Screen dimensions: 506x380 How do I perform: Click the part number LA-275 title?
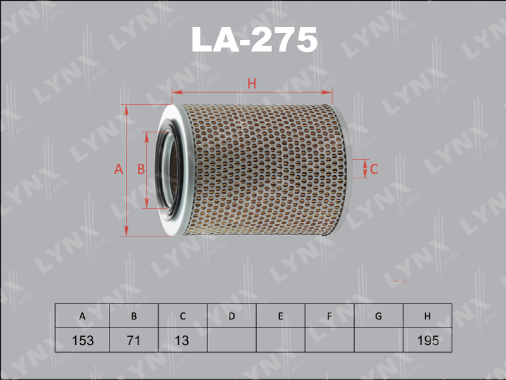254,40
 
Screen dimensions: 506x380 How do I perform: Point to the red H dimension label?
252,84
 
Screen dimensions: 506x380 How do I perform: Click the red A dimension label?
118,169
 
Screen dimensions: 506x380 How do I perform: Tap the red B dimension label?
140,169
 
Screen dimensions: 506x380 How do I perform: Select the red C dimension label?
374,169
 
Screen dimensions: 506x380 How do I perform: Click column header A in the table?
82,316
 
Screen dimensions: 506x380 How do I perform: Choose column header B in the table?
134,316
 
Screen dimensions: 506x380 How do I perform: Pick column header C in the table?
183,316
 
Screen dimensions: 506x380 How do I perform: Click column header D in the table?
231,316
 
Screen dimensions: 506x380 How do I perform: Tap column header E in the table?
281,316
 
